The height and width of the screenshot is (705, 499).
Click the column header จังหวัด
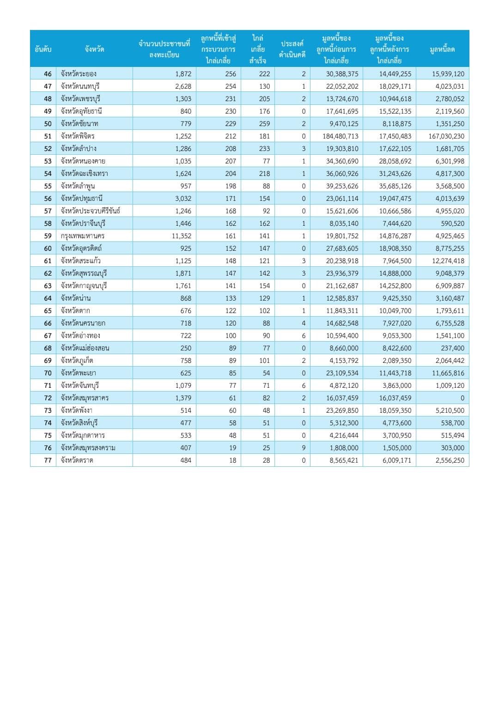(94, 49)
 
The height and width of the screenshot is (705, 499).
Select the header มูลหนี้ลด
(442, 49)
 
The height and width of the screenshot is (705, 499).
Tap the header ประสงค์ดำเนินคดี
(292, 49)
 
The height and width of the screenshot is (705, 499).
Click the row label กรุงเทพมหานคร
(83, 236)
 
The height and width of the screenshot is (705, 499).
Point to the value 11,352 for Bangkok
(181, 236)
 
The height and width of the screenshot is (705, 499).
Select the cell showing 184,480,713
(340, 136)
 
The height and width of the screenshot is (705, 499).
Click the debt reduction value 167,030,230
(446, 136)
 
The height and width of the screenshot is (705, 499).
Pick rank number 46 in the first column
(48, 74)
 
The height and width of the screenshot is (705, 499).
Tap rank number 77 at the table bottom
(48, 460)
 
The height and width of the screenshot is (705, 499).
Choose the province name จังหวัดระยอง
(79, 74)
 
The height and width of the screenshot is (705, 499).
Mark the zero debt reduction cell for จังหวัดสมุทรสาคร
(462, 398)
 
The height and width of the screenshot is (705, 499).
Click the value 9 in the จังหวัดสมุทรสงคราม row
(304, 448)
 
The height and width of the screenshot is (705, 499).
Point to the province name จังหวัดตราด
(77, 460)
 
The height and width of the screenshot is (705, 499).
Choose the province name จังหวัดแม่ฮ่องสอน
(85, 348)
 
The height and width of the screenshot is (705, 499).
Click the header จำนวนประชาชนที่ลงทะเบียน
(164, 49)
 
